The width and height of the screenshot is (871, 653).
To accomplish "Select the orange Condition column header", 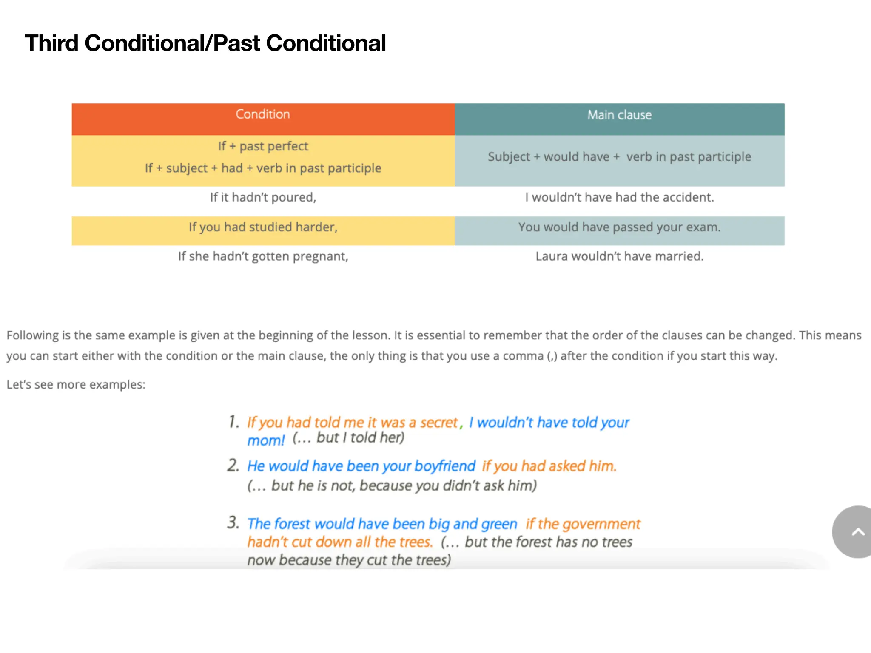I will point(263,115).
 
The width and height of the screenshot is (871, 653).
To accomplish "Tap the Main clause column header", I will point(619,115).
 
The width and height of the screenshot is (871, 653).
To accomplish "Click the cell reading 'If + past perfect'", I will point(263,147).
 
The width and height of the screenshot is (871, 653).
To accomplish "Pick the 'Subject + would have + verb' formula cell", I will point(619,157).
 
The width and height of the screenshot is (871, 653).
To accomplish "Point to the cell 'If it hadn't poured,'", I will point(263,198).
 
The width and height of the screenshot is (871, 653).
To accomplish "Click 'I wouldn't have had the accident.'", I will point(619,198).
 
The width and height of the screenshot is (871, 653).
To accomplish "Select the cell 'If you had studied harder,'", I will point(263,227).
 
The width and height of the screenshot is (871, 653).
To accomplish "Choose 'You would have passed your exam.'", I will point(619,227).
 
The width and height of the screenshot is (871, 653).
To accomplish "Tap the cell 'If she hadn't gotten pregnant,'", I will point(263,256).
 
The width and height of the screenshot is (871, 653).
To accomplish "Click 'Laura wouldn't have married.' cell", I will point(619,256).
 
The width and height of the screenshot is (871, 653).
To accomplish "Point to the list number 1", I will point(233,422).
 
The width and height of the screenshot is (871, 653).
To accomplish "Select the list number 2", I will point(233,466).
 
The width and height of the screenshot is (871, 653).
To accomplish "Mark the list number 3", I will point(233,522).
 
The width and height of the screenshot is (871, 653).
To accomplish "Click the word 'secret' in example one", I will point(438,423).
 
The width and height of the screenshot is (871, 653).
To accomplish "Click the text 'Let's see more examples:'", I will point(76,385).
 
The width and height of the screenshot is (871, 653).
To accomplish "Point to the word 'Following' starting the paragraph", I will point(32,336).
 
